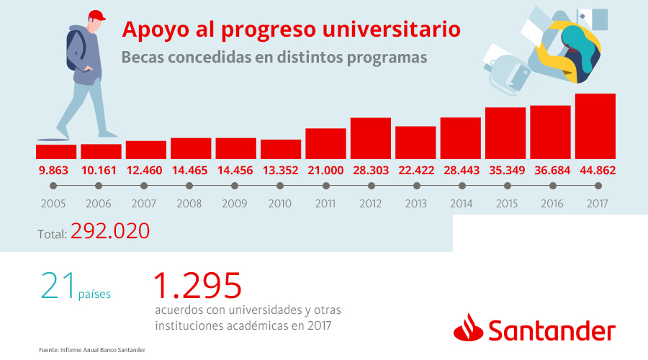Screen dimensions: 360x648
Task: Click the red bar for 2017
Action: (x=595, y=126)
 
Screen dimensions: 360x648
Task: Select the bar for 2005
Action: (x=56, y=151)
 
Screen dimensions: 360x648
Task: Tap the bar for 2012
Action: (x=371, y=138)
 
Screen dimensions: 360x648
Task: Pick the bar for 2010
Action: (x=281, y=149)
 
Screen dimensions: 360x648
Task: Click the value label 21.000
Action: (x=325, y=170)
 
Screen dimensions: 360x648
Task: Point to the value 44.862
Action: (x=595, y=170)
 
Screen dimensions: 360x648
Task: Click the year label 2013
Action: (x=415, y=204)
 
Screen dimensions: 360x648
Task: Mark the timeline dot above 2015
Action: (x=505, y=186)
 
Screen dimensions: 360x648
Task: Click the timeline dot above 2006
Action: (x=101, y=186)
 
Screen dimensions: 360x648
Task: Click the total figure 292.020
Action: (x=110, y=231)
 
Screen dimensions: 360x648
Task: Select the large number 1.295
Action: (x=197, y=286)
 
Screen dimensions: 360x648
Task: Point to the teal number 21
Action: (x=58, y=286)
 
